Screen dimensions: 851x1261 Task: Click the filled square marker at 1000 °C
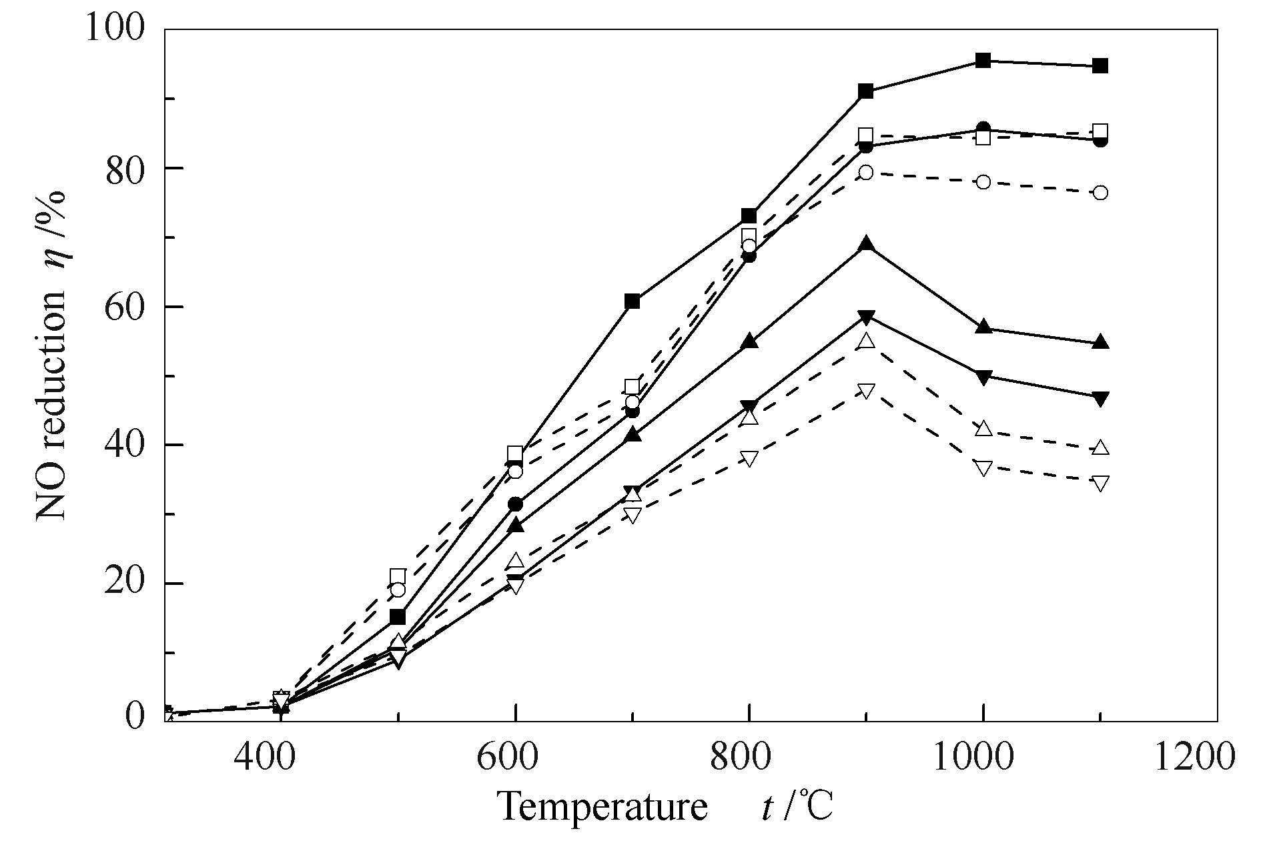click(983, 61)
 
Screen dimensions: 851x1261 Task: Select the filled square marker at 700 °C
click(633, 301)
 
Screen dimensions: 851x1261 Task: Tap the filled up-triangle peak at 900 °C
click(866, 244)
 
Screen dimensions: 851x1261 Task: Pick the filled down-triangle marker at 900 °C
click(866, 317)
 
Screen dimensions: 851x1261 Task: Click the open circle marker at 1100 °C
click(1100, 193)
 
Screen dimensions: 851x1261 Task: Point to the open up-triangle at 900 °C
click(866, 341)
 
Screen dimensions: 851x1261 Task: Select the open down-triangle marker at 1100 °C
click(1100, 483)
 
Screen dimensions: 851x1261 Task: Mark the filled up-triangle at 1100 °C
click(1100, 343)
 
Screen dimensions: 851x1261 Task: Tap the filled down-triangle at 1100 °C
click(1100, 399)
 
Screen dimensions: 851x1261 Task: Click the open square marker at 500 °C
click(398, 576)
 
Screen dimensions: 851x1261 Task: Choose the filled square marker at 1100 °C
click(1100, 66)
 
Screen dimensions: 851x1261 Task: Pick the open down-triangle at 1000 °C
click(983, 468)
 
